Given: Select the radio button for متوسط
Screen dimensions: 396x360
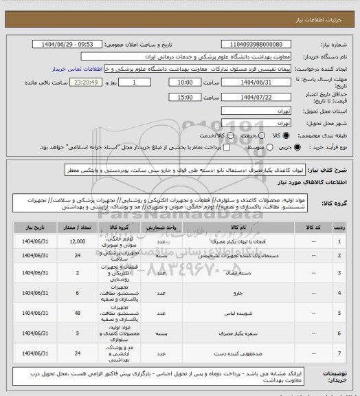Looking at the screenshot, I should (255, 148).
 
